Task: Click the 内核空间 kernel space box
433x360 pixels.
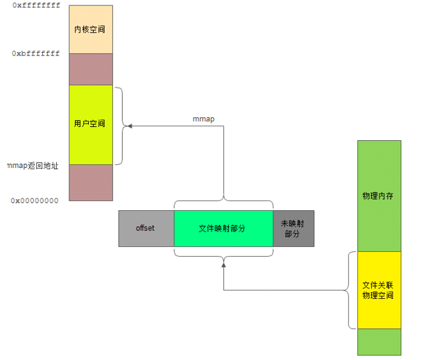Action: (90, 30)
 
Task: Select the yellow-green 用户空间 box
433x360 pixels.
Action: (90, 124)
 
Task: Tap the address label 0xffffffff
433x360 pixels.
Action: (35, 6)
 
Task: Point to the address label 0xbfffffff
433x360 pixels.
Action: (35, 53)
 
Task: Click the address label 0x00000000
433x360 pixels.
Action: (35, 200)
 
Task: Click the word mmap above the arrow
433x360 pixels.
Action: (203, 119)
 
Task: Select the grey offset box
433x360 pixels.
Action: (146, 228)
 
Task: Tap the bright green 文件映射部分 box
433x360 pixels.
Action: (223, 228)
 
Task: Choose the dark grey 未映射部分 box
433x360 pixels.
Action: (293, 228)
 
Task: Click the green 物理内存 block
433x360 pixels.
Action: (379, 196)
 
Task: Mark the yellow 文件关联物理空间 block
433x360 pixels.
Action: (379, 290)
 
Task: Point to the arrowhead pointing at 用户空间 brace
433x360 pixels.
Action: (128, 126)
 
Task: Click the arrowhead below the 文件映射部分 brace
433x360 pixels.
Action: (223, 264)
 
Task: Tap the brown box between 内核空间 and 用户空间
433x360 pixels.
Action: (90, 69)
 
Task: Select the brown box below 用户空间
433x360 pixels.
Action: (90, 181)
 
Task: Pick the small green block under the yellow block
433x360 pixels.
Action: (379, 341)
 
